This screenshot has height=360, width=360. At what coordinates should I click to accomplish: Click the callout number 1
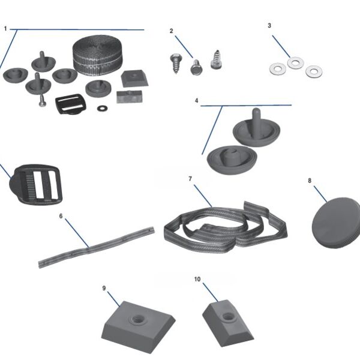[x=5, y=28]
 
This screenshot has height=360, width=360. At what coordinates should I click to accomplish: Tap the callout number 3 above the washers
[x=269, y=26]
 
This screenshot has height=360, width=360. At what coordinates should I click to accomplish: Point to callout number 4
[x=196, y=100]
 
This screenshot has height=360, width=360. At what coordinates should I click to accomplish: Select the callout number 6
[x=61, y=215]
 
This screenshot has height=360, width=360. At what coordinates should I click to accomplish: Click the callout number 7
[x=190, y=179]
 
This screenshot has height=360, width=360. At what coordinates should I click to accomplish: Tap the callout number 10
[x=198, y=280]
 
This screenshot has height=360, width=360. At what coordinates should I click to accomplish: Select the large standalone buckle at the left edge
[x=33, y=184]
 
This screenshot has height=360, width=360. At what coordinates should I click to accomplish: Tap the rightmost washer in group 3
[x=313, y=72]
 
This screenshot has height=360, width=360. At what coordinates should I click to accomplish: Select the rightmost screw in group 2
[x=216, y=60]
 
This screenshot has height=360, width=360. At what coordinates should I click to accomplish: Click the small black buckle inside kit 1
[x=70, y=104]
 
